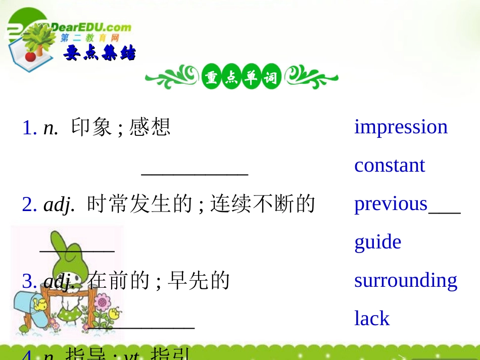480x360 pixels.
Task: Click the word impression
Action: pyautogui.click(x=401, y=127)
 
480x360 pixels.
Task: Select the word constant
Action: pyautogui.click(x=390, y=166)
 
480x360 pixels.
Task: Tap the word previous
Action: pyautogui.click(x=391, y=204)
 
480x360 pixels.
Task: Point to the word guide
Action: pyautogui.click(x=377, y=242)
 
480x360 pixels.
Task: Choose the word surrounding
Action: pyautogui.click(x=406, y=281)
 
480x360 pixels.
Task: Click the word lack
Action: pyautogui.click(x=372, y=319)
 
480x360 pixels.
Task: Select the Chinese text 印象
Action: pyautogui.click(x=91, y=127)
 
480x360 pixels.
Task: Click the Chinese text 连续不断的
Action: pyautogui.click(x=263, y=204)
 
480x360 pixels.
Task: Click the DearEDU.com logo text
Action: pyautogui.click(x=91, y=27)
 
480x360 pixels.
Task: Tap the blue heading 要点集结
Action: pyautogui.click(x=100, y=53)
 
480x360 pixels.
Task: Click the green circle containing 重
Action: pyautogui.click(x=211, y=79)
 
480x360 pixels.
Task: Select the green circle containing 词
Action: pyautogui.click(x=271, y=79)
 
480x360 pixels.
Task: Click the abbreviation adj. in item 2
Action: pyautogui.click(x=60, y=204)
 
